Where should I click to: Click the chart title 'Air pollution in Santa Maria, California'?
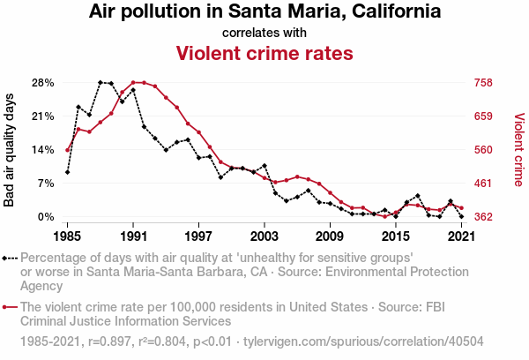pyautogui.click(x=264, y=12)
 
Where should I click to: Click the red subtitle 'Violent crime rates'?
pyautogui.click(x=264, y=53)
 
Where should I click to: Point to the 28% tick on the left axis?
pyautogui.click(x=42, y=83)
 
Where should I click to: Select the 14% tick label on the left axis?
pyautogui.click(x=42, y=150)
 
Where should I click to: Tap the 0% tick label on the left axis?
pyautogui.click(x=46, y=217)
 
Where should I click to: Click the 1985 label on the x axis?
pyautogui.click(x=67, y=236)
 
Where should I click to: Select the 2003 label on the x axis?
pyautogui.click(x=264, y=236)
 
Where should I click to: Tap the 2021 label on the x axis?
pyautogui.click(x=462, y=236)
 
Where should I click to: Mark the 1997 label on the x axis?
pyautogui.click(x=198, y=236)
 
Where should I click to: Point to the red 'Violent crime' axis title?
pyautogui.click(x=518, y=150)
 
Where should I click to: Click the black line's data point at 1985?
pyautogui.click(x=67, y=172)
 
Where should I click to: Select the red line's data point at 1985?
pyautogui.click(x=67, y=150)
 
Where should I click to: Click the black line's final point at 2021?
pyautogui.click(x=462, y=216)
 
